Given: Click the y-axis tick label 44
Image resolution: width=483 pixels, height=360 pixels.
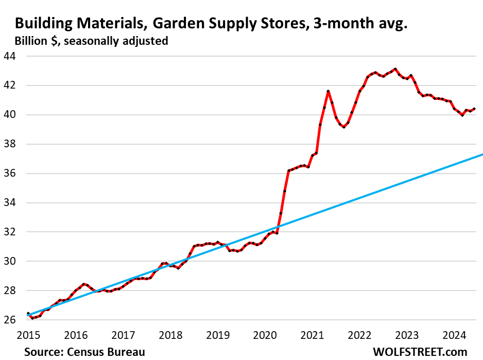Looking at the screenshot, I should point(10,56).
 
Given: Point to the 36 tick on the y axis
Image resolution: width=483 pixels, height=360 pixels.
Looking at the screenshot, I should point(10,174).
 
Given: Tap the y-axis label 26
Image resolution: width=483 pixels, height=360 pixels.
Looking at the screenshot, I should point(10,320).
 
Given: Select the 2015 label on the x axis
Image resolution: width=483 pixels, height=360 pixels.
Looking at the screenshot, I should point(28,335).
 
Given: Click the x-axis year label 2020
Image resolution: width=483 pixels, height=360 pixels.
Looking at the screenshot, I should point(266,335).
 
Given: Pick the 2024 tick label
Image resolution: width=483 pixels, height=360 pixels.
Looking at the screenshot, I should point(455,335).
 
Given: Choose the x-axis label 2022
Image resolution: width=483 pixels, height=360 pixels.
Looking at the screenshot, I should point(360,335).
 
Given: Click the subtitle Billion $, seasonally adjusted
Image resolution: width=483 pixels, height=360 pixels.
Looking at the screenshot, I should point(91,41).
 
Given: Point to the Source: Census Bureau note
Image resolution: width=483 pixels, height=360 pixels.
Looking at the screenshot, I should point(84,352).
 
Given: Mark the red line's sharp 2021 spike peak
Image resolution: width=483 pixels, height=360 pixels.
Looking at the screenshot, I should point(328,91).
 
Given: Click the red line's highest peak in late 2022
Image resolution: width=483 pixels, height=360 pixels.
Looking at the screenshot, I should point(395,68).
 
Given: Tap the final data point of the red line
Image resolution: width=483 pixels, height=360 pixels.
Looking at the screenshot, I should point(474,109).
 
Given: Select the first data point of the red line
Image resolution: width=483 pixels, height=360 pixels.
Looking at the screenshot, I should point(28,313).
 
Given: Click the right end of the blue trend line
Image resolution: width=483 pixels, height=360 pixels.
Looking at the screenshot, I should point(481,154).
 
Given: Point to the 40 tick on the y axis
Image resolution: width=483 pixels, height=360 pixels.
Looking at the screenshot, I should point(10,115).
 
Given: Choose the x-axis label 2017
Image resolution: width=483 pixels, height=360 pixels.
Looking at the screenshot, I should point(123,335).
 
